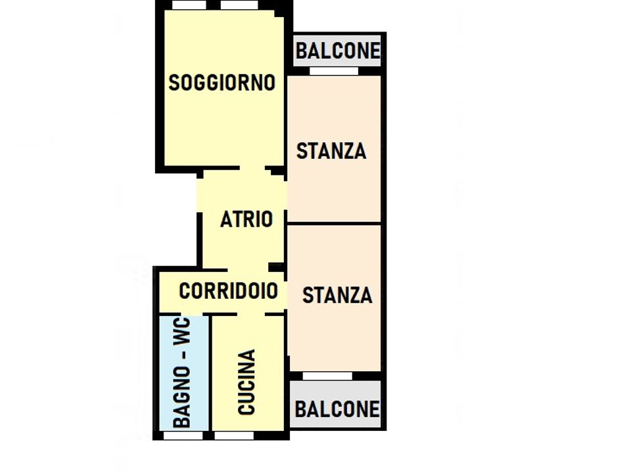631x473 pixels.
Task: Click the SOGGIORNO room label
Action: click(x=222, y=83)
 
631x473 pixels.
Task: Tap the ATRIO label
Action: click(x=246, y=219)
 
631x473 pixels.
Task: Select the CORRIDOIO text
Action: click(x=228, y=291)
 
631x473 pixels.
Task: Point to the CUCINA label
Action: click(x=246, y=382)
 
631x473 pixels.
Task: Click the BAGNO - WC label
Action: click(x=181, y=372)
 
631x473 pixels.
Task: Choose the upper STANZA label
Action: click(x=331, y=151)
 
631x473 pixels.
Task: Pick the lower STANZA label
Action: click(x=337, y=295)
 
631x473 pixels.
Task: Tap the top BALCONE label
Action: click(x=338, y=51)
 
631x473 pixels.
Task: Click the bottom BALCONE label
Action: click(x=337, y=409)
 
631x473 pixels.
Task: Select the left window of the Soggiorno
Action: click(x=189, y=5)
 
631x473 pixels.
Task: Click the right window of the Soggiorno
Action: click(x=239, y=5)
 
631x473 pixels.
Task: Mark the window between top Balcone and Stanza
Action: click(x=334, y=71)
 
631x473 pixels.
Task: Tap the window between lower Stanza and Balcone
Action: click(x=327, y=376)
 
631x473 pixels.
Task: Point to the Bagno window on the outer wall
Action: click(x=183, y=436)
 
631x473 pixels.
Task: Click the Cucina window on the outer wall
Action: click(x=234, y=436)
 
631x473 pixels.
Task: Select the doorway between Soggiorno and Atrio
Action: click(x=252, y=168)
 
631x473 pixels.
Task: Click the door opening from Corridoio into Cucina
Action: click(x=250, y=314)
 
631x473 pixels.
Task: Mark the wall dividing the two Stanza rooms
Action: click(x=334, y=223)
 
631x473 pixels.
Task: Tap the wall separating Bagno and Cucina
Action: click(x=210, y=373)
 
